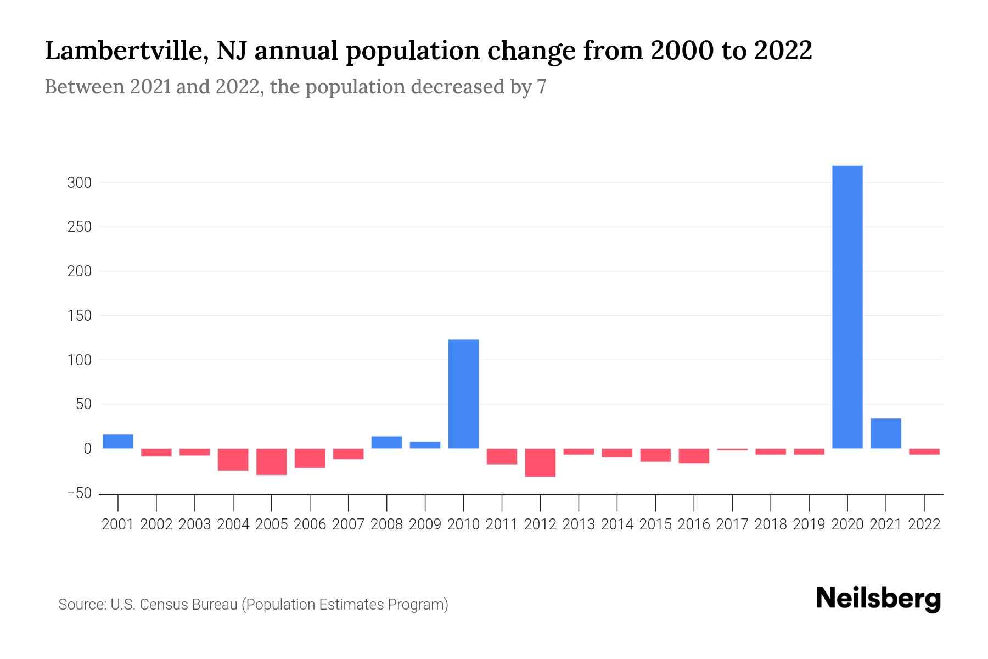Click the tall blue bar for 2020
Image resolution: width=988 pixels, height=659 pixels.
(847, 308)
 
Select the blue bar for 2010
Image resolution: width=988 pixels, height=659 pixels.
(463, 394)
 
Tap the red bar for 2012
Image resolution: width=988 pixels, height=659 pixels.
(540, 462)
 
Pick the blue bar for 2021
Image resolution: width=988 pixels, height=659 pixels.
(885, 434)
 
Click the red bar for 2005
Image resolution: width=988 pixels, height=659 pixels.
(271, 462)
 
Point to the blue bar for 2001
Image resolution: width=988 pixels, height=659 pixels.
(117, 442)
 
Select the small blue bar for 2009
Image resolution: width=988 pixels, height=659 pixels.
(425, 445)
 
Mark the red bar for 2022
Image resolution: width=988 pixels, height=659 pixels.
(924, 451)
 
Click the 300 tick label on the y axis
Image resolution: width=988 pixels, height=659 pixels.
(79, 183)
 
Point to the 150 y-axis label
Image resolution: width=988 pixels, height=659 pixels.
(79, 316)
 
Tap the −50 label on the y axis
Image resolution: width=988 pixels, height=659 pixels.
(79, 493)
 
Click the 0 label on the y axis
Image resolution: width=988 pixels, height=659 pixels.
(87, 449)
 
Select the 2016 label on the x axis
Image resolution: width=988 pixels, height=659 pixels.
(694, 524)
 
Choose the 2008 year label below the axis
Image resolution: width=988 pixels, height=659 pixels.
(386, 524)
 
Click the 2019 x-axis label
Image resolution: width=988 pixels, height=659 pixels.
(809, 524)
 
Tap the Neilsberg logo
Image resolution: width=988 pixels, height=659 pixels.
(878, 599)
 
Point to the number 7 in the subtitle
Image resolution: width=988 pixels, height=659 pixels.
(541, 87)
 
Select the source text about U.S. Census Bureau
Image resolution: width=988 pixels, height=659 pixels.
(253, 605)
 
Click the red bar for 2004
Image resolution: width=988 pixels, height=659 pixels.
(233, 460)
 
